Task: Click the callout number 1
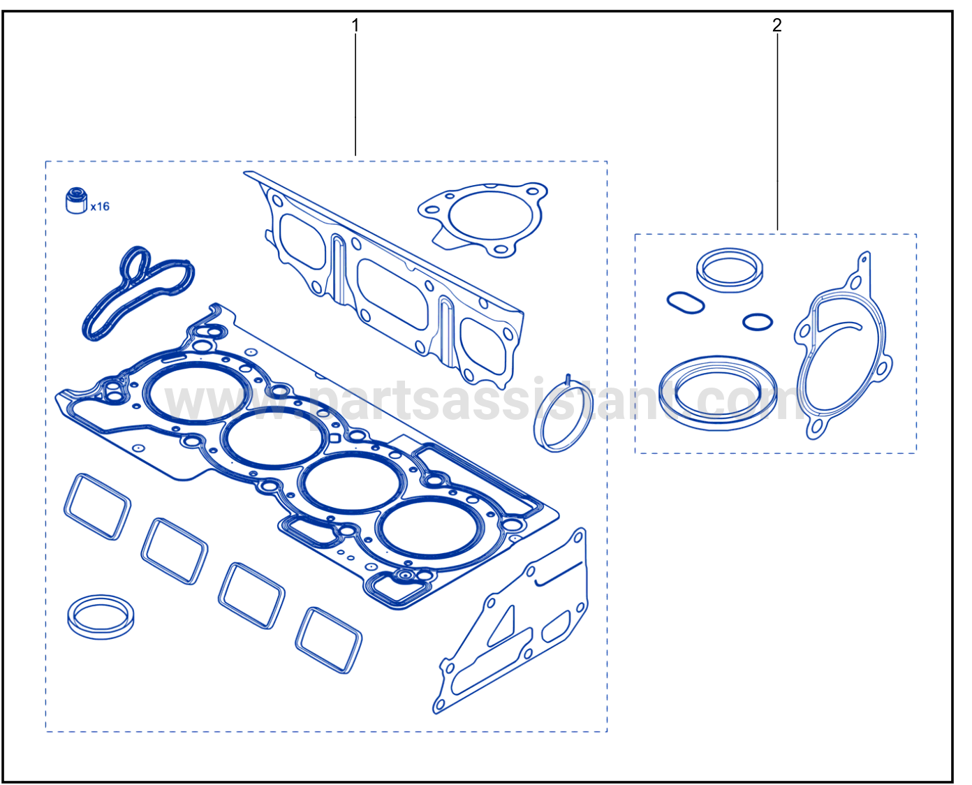point(355,26)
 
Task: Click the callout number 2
point(776,25)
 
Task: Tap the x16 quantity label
point(100,207)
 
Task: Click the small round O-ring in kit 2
point(758,322)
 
